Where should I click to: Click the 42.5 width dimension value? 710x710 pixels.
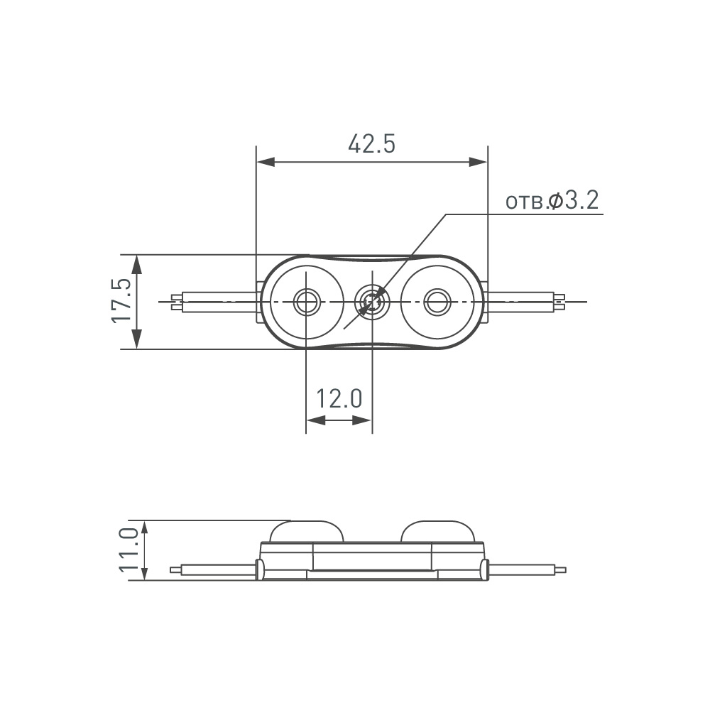point(371,143)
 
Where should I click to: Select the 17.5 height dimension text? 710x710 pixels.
point(121,301)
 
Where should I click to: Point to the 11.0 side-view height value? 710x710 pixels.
point(128,550)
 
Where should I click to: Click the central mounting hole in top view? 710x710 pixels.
point(371,302)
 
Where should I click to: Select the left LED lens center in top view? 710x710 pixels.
point(307,302)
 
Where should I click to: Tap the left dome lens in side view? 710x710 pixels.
point(306,530)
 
